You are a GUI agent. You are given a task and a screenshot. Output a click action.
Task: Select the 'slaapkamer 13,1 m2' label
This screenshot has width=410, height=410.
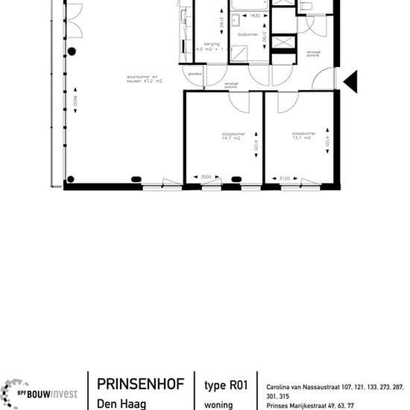click(304, 136)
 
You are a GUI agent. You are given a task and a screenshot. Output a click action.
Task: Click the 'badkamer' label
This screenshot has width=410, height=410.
click(247, 34)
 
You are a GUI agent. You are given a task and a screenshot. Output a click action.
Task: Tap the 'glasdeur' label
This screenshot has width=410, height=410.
click(196, 73)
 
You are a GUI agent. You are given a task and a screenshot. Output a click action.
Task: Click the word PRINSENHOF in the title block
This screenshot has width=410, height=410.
click(138, 386)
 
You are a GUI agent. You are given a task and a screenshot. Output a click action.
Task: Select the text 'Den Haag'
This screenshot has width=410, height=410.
click(122, 405)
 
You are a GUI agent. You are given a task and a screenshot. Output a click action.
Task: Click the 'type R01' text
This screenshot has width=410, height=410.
click(226, 386)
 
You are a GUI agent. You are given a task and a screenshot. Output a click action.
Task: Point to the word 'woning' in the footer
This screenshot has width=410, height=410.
click(218, 405)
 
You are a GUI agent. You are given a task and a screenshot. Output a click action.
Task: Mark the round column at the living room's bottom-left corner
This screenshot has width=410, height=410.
click(71, 179)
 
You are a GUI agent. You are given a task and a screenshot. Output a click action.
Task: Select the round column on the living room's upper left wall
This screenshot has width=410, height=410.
click(72, 51)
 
